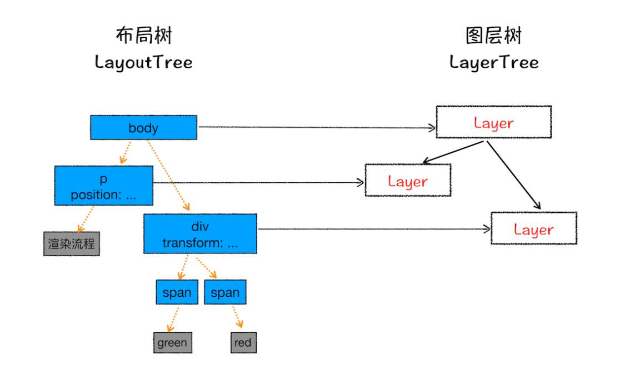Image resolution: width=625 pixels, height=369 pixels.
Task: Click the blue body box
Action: coord(143,128)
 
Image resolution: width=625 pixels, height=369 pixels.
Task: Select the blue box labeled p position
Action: coord(103,186)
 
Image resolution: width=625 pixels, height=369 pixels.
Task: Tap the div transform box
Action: coord(200,234)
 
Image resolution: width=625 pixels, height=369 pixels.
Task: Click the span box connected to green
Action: coord(177,292)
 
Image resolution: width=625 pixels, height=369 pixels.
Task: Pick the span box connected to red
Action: coord(225,292)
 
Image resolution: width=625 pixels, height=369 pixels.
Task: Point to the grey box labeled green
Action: coord(172,343)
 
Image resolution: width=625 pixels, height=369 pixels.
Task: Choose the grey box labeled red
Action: coord(243,343)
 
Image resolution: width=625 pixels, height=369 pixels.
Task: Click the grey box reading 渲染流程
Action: coord(72,243)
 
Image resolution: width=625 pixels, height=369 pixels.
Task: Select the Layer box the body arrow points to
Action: coord(493,122)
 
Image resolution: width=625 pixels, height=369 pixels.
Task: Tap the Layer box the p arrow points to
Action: coord(408,181)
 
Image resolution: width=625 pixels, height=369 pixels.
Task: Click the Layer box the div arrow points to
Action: coord(533,228)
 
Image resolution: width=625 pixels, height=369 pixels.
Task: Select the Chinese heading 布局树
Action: coord(143,36)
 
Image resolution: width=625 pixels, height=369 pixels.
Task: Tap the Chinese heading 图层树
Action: coord(494,36)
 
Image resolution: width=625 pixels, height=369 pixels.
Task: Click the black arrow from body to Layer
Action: coord(317,128)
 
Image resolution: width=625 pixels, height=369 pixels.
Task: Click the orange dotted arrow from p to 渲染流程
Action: coord(86,218)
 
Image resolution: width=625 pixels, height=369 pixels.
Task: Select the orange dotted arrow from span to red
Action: coord(237,317)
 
